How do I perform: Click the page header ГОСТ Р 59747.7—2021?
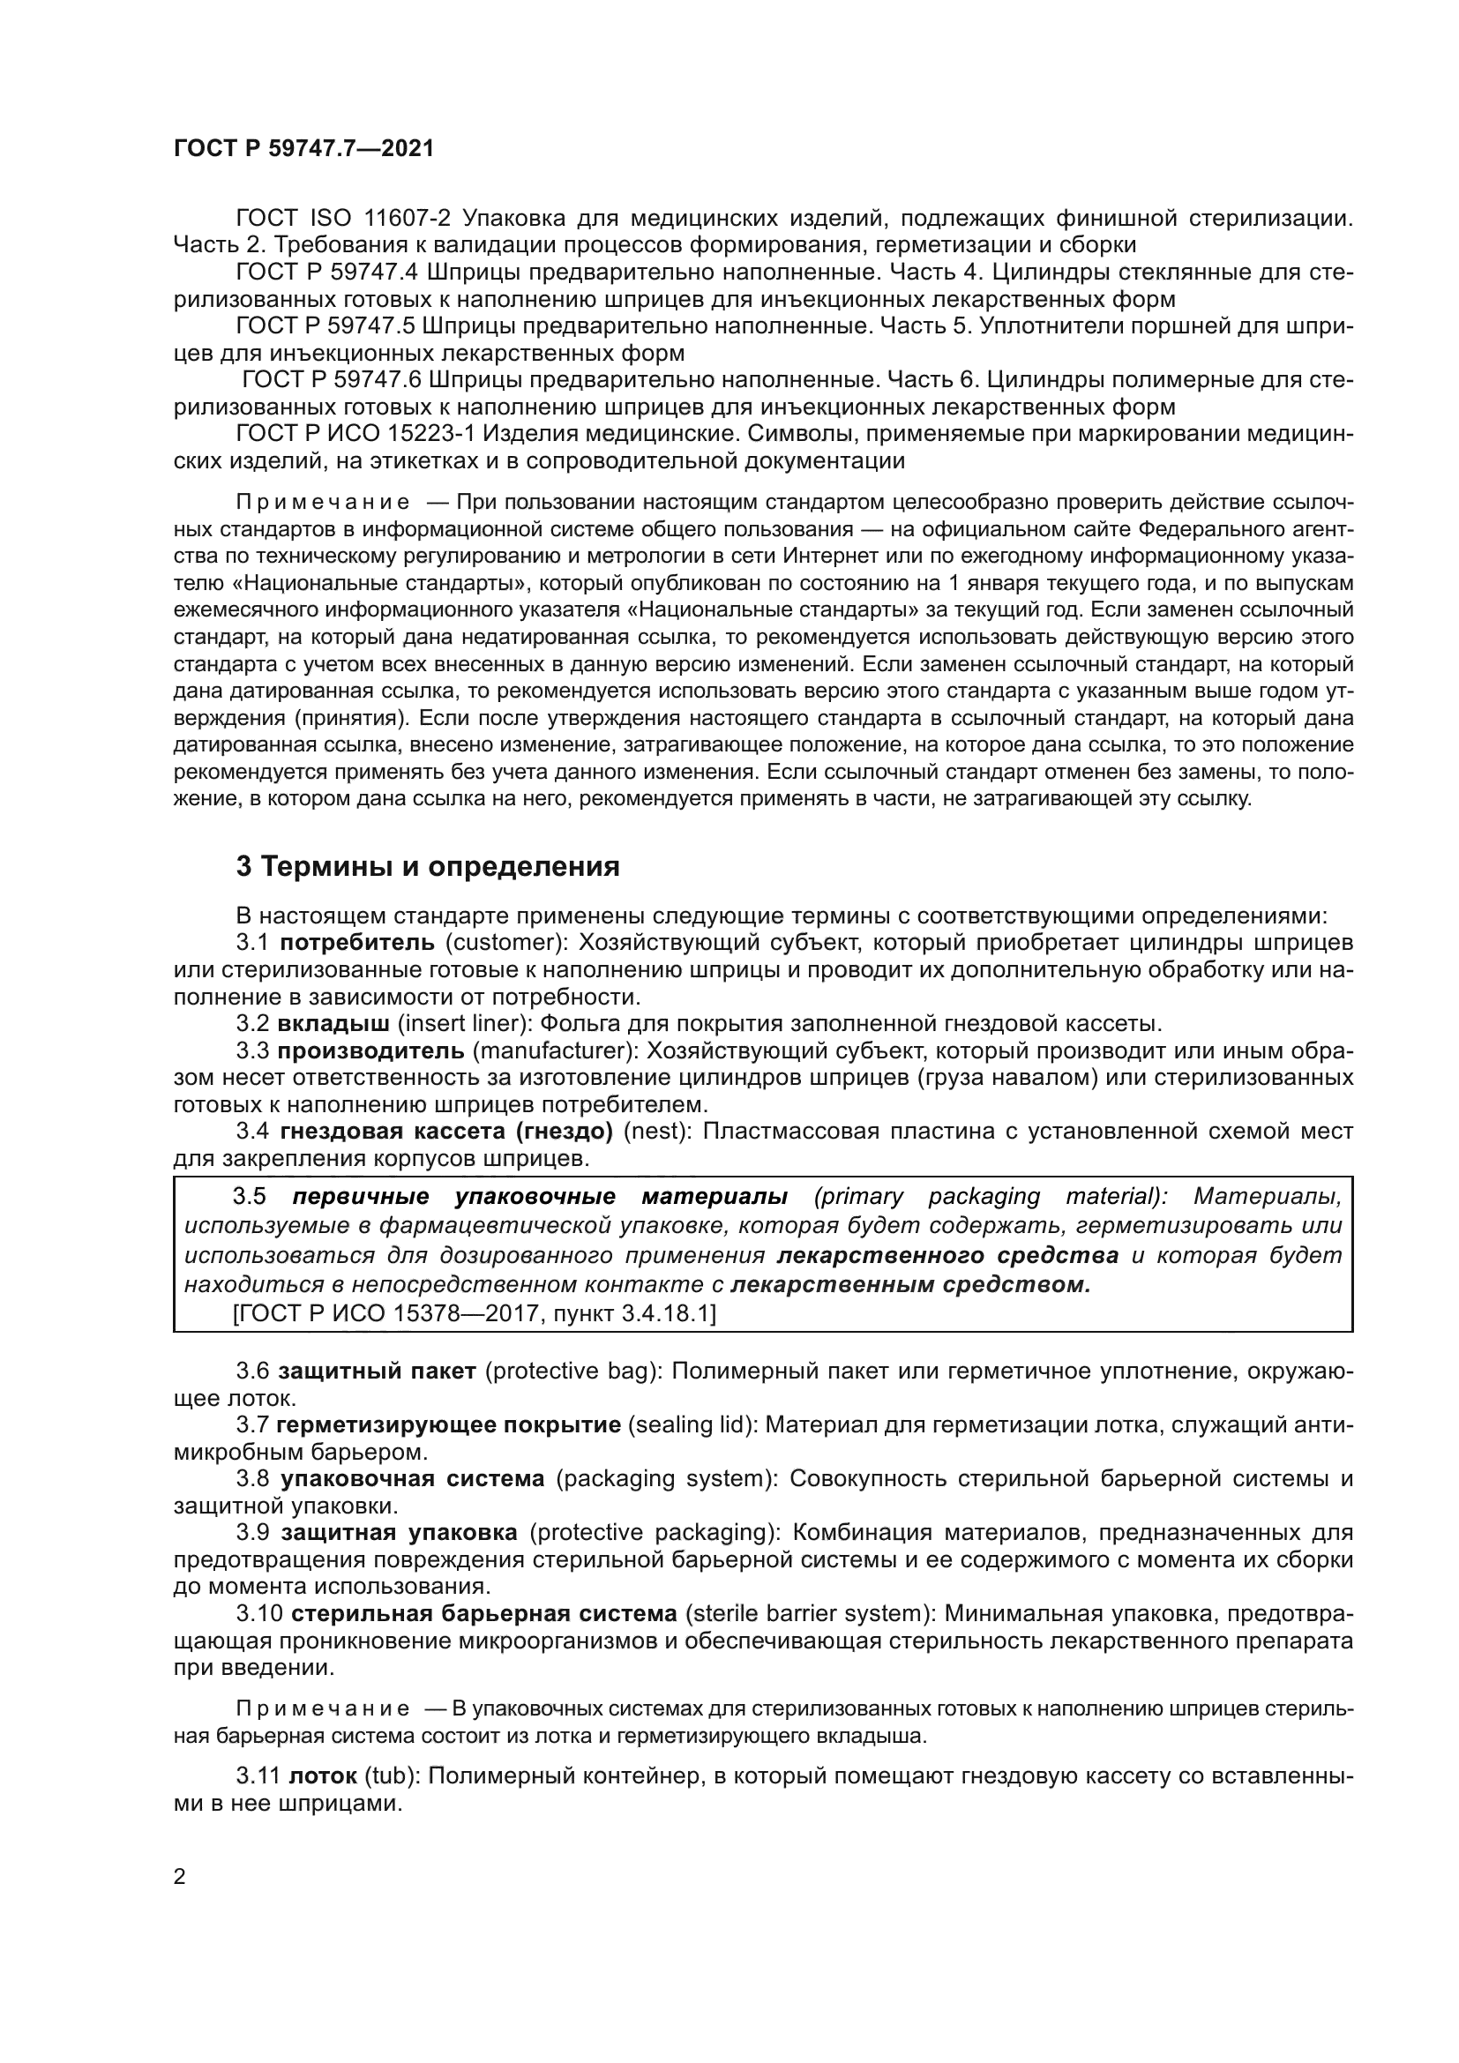click(303, 149)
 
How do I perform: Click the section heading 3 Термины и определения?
click(428, 867)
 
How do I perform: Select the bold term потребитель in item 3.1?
click(357, 943)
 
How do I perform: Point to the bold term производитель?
click(370, 1050)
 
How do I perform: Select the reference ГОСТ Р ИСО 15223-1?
click(355, 434)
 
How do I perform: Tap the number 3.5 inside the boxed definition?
click(251, 1197)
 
